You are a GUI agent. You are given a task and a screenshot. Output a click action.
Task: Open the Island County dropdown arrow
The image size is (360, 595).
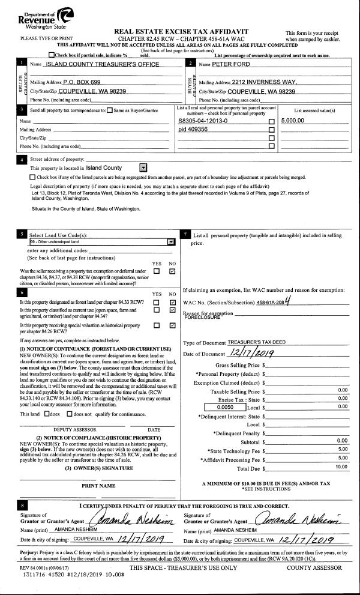tap(143, 169)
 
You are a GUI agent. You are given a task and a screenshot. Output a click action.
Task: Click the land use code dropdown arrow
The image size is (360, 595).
tap(171, 241)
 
